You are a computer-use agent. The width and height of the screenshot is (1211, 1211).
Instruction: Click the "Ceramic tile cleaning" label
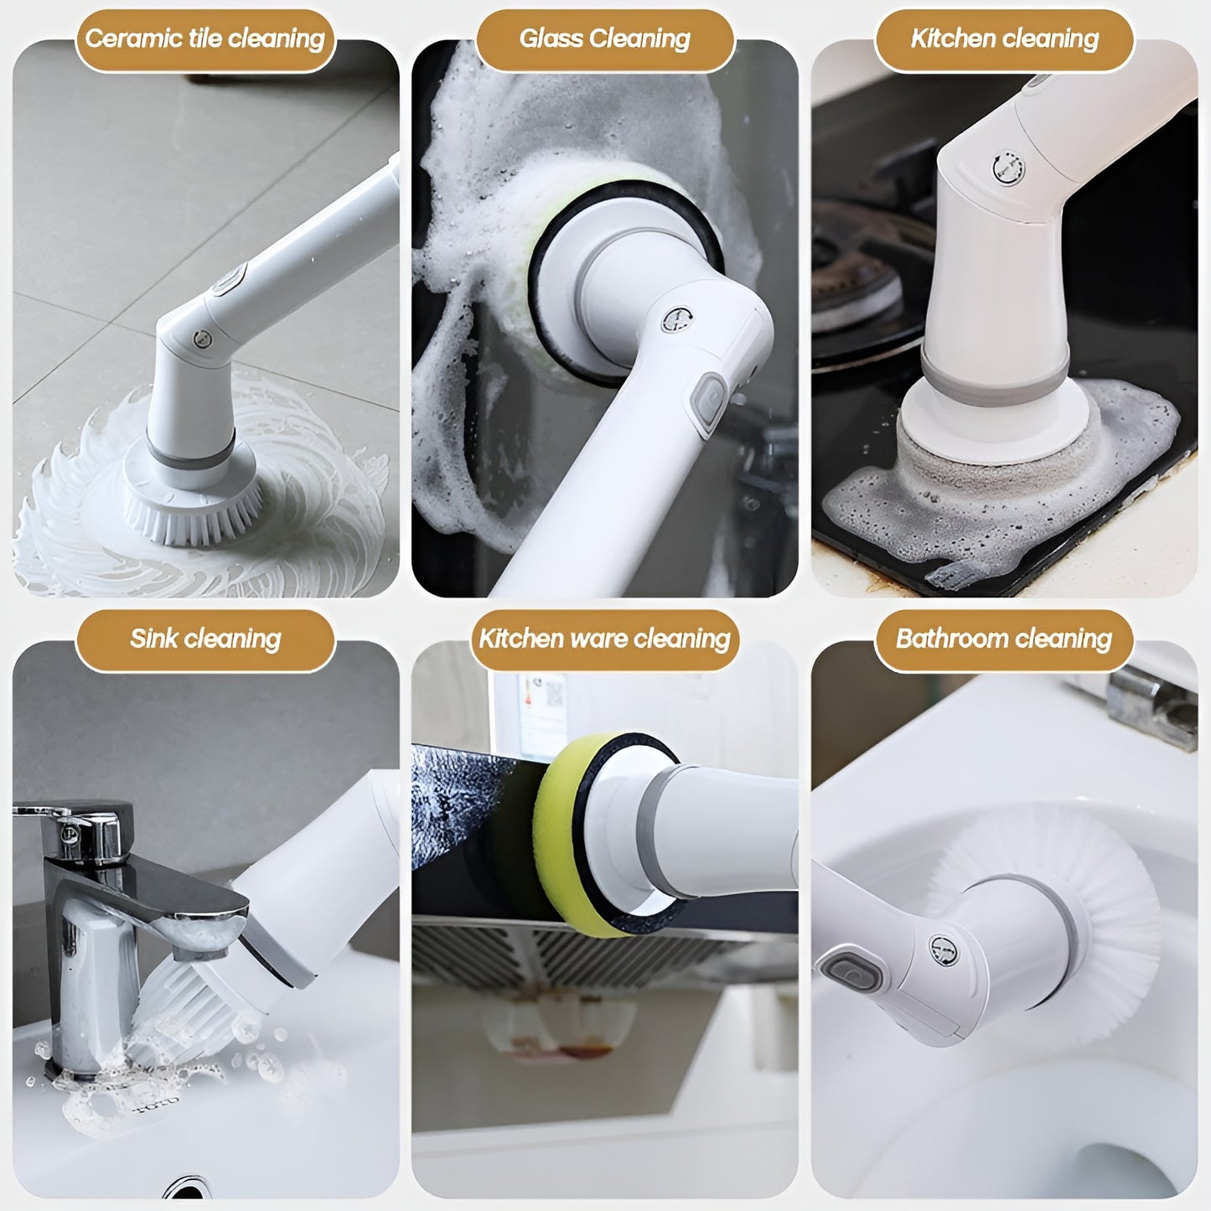click(x=205, y=39)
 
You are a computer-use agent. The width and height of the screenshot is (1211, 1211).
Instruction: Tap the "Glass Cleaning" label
click(x=604, y=39)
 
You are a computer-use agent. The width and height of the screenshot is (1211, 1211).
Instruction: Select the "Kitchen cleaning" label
click(x=1004, y=39)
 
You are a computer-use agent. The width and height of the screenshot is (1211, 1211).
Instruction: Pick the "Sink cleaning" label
click(x=205, y=639)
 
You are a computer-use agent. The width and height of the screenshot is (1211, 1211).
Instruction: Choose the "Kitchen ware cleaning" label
click(x=604, y=639)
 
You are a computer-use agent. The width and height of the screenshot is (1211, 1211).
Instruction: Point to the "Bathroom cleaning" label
click(x=1004, y=639)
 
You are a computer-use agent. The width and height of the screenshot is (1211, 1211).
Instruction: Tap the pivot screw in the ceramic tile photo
click(x=202, y=339)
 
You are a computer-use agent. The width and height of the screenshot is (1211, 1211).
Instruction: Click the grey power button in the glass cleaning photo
click(x=710, y=403)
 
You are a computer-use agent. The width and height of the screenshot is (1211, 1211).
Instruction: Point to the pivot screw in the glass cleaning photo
click(x=677, y=320)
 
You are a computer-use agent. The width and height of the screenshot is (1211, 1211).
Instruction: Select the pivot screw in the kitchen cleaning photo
click(x=1009, y=168)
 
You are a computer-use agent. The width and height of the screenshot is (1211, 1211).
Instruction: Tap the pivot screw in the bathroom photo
click(x=944, y=951)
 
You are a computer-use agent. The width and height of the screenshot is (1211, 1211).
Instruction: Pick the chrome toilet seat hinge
click(x=1150, y=707)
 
